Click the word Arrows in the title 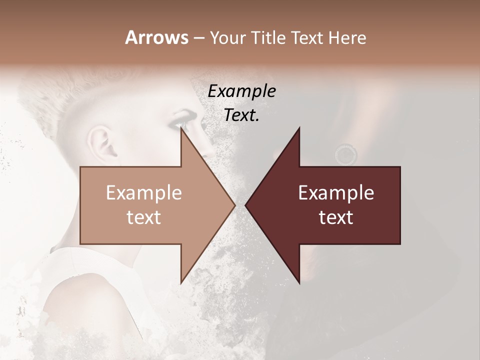156,37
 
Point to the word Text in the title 309,38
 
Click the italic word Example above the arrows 241,91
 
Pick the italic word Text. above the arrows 241,115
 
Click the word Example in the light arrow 144,192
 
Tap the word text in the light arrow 144,217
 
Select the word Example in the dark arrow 336,192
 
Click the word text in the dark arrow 336,217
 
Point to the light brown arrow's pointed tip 234,205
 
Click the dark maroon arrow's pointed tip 246,205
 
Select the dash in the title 198,38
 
